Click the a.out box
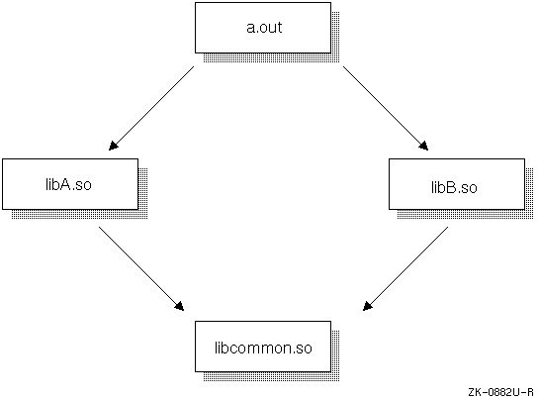tap(263, 28)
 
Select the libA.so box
tap(70, 184)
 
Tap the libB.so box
tap(457, 184)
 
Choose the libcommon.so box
tap(263, 347)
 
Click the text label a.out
tap(264, 28)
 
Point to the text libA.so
tap(68, 184)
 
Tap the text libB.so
tap(454, 188)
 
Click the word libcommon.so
tap(263, 348)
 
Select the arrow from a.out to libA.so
tap(151, 108)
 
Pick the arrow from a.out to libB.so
tap(386, 108)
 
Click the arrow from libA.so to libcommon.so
tap(141, 268)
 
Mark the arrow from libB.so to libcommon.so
tap(405, 268)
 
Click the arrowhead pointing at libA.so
tap(113, 147)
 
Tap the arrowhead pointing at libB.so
tap(424, 147)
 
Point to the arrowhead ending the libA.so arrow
tap(180, 307)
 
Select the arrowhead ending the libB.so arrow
tap(367, 307)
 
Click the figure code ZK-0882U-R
tap(501, 392)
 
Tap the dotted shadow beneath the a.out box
tap(271, 58)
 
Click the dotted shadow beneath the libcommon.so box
tap(271, 376)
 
